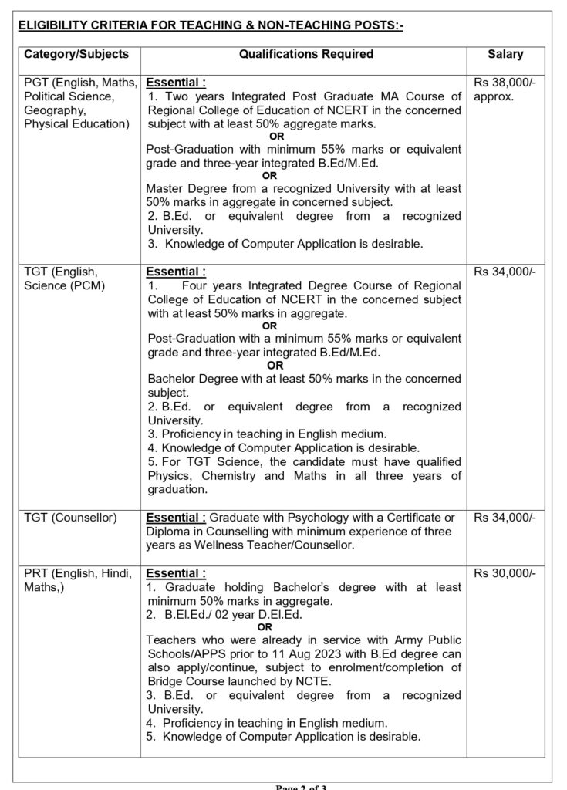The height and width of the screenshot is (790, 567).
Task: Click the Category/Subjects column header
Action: [x=76, y=55]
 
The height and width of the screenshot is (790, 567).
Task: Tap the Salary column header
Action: [x=505, y=55]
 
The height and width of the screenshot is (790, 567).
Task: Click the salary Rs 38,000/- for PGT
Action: [x=506, y=83]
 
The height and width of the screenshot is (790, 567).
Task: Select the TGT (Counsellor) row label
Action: [x=70, y=517]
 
